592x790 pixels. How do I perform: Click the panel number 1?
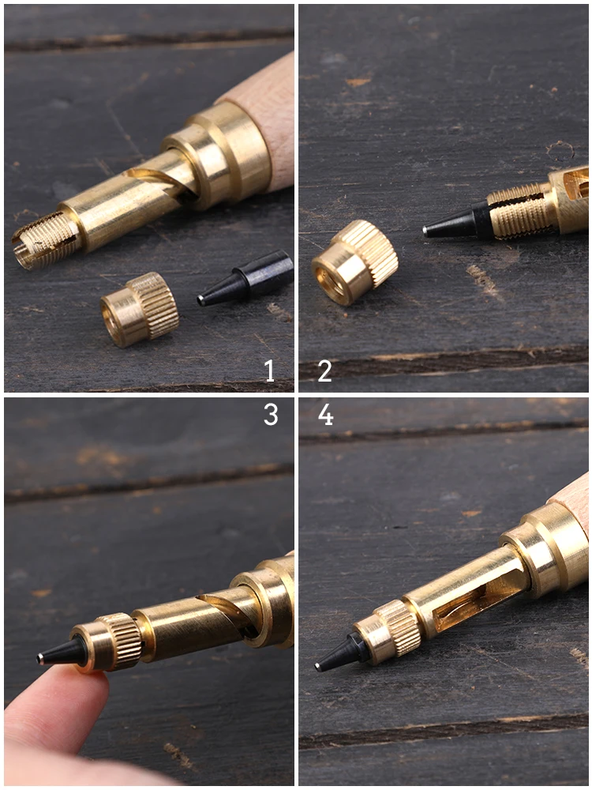click(x=270, y=371)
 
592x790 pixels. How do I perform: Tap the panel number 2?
click(x=324, y=371)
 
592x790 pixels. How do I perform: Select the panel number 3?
click(x=271, y=415)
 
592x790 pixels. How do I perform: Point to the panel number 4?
click(x=326, y=415)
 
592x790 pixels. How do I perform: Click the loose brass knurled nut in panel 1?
click(x=140, y=310)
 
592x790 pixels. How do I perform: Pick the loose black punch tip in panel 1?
click(x=245, y=278)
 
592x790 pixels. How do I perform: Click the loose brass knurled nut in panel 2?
click(x=354, y=262)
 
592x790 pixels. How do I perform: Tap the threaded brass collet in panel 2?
click(x=519, y=210)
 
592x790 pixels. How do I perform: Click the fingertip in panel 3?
click(x=55, y=705)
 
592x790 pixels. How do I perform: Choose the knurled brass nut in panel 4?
click(x=388, y=630)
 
